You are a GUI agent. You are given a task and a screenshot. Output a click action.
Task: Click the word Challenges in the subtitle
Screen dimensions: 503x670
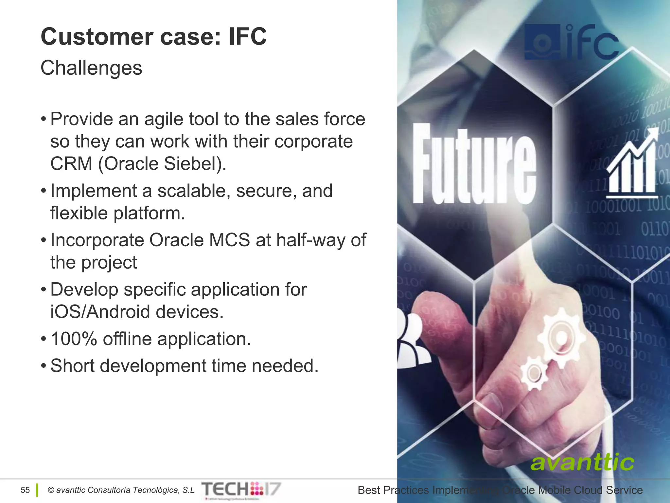(91, 68)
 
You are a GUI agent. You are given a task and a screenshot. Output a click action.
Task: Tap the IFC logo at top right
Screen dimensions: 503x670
(571, 43)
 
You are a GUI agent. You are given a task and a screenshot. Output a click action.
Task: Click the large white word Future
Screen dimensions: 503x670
(474, 164)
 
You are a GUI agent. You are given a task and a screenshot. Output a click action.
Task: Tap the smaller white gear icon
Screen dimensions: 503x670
(534, 373)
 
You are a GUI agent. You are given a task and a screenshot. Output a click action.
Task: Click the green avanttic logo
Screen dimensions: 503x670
(582, 462)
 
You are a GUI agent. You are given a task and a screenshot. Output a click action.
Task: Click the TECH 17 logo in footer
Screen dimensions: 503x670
(241, 489)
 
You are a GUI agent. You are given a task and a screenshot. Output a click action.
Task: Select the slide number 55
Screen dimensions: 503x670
(25, 490)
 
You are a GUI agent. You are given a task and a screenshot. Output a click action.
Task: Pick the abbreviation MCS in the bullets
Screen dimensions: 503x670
(229, 240)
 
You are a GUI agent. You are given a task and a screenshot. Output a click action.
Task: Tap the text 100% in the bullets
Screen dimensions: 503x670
(74, 339)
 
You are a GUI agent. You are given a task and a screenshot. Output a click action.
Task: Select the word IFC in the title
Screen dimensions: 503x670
(248, 37)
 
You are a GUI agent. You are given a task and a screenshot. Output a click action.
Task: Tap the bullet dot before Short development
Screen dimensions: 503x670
(44, 366)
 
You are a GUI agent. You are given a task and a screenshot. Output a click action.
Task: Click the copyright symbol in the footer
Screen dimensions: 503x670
(51, 490)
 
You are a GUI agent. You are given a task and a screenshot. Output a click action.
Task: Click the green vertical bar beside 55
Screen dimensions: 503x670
(37, 490)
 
